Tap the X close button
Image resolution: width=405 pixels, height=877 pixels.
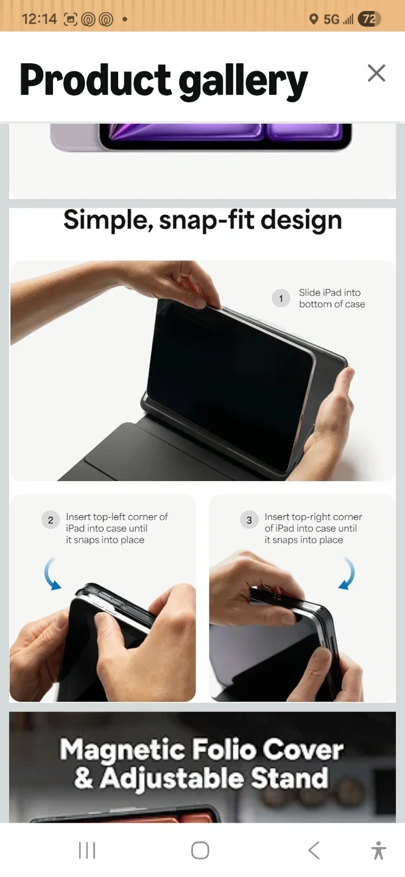376,73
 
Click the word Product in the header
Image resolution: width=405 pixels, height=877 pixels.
95,79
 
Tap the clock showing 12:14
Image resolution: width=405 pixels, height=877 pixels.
39,19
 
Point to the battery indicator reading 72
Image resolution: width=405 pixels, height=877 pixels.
369,19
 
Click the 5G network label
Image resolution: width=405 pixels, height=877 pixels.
331,19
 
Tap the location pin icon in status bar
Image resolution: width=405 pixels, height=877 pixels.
314,19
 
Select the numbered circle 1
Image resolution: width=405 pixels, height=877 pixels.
281,298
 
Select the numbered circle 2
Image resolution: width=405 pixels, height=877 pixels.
51,520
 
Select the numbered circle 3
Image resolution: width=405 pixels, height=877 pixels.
249,520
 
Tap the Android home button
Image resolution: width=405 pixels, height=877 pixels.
200,850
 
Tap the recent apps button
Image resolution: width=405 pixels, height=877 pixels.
87,850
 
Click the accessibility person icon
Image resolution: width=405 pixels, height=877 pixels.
378,850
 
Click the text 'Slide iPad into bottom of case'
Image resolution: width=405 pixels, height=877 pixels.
332,298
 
